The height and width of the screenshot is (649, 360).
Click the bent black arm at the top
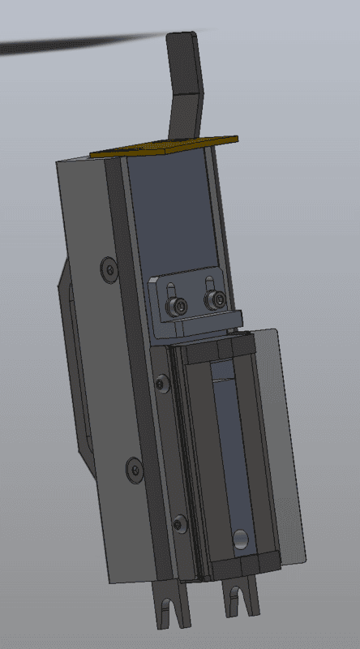[x=185, y=81]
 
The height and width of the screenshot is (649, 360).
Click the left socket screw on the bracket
[x=178, y=307]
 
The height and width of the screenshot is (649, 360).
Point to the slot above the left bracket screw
[x=171, y=290]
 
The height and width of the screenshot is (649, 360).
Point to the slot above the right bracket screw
[x=210, y=284]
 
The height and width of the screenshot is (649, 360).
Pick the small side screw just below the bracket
[x=162, y=381]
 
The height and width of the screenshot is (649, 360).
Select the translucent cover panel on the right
[x=284, y=438]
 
